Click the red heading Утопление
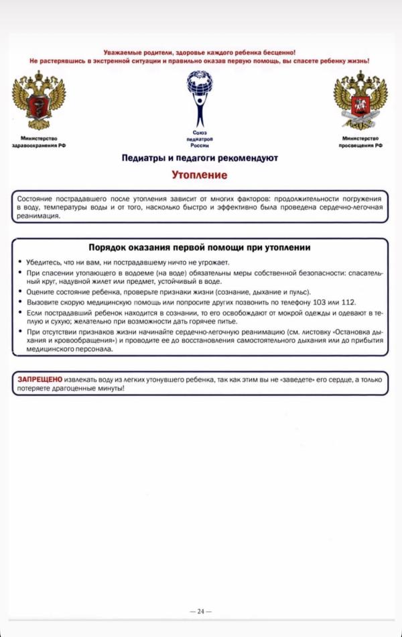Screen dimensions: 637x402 pos(199,175)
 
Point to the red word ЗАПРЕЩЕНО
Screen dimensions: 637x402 pos(40,380)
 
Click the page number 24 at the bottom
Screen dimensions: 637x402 pos(200,611)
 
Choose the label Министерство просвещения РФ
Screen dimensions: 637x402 pos(360,142)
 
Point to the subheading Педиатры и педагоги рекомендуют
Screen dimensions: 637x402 pos(200,158)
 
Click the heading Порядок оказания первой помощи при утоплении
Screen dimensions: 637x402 pos(200,248)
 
